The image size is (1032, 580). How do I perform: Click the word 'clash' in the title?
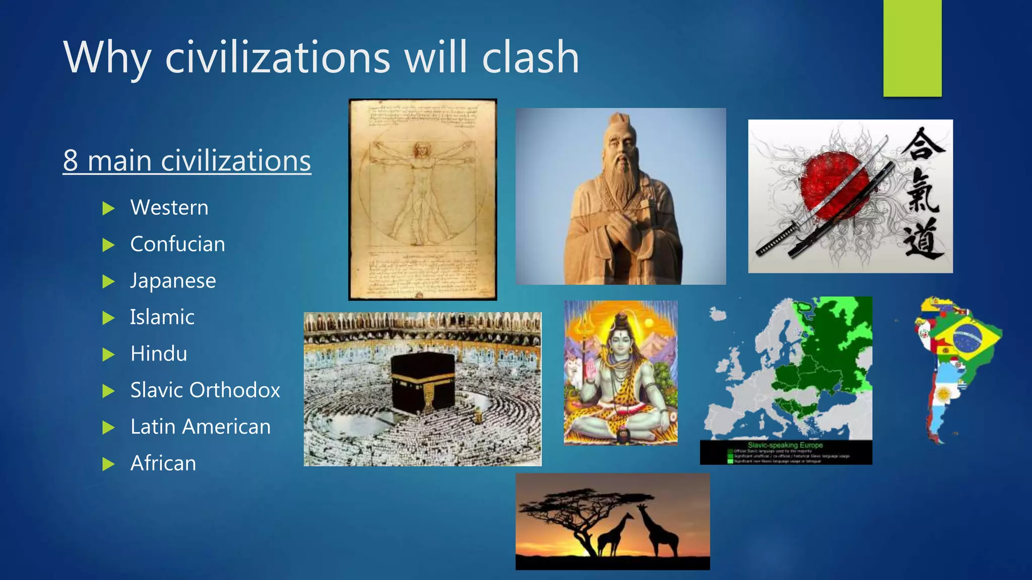coord(530,57)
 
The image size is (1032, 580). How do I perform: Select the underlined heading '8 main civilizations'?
coord(187,161)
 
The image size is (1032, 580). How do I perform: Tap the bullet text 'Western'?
coord(169,207)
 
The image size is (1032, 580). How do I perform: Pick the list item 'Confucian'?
coord(177,244)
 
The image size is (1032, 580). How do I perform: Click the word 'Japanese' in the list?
coord(173,281)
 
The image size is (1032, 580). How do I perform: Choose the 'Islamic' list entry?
coord(162,317)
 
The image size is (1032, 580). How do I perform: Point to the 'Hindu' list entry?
coord(159,354)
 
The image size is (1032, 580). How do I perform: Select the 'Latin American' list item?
coord(201,427)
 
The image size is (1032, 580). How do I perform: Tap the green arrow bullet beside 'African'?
coord(108,464)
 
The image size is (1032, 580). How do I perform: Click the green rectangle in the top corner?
coord(912,48)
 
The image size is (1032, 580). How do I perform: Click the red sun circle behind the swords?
coord(834,186)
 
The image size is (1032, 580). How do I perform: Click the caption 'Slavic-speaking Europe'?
coord(785,445)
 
